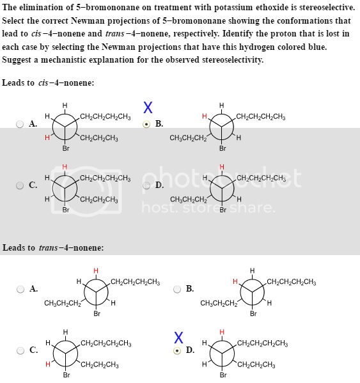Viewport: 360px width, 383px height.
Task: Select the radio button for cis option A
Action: pyautogui.click(x=20, y=124)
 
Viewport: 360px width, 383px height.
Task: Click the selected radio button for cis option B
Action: pyautogui.click(x=147, y=124)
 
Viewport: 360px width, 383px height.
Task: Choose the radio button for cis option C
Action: pyautogui.click(x=20, y=185)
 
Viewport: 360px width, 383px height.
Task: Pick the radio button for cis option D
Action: pyautogui.click(x=147, y=185)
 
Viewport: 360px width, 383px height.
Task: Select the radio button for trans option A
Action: pyautogui.click(x=20, y=289)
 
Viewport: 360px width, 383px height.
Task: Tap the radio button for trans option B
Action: pyautogui.click(x=178, y=289)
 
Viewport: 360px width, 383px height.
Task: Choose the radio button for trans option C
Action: pyautogui.click(x=20, y=350)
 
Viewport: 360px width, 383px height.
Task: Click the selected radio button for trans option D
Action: pyautogui.click(x=178, y=350)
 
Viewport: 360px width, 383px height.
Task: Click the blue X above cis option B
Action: pyautogui.click(x=148, y=107)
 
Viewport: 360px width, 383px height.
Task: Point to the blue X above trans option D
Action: pyautogui.click(x=179, y=337)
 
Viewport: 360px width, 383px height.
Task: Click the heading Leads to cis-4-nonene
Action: pyautogui.click(x=48, y=83)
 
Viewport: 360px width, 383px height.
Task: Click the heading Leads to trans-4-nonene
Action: pyautogui.click(x=53, y=247)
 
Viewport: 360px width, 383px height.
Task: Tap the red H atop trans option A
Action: pyautogui.click(x=97, y=270)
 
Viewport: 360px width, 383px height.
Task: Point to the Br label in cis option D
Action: pyautogui.click(x=223, y=210)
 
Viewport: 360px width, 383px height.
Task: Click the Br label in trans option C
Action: pyautogui.click(x=66, y=375)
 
